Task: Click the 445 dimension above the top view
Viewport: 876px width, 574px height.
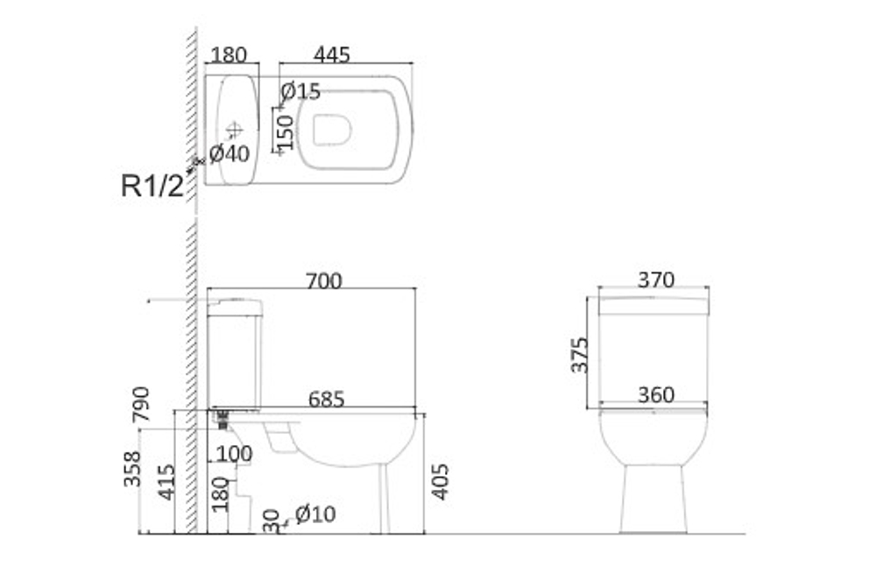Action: coord(332,55)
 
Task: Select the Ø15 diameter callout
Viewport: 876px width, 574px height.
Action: coord(300,91)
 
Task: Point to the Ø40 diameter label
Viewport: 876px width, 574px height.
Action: coord(230,153)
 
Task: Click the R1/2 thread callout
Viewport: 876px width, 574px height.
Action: coord(152,186)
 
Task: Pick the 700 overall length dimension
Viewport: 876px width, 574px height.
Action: coord(324,280)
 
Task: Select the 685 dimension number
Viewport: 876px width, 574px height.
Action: coord(326,399)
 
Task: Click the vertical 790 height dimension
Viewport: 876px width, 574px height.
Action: coord(141,404)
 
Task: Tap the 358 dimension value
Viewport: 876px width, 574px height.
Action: coord(132,469)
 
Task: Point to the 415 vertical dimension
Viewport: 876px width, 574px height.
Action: coord(166,482)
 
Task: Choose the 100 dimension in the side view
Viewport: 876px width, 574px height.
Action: coord(234,453)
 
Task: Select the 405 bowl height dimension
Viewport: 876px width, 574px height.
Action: coord(441,481)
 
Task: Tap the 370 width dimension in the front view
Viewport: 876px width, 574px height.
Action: coord(656,280)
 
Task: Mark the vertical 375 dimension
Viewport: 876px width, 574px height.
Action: coord(580,355)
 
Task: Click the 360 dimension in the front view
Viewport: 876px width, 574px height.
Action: coord(656,394)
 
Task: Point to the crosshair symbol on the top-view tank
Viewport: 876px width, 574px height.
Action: coord(234,131)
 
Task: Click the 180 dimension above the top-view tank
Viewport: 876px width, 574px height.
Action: coord(229,55)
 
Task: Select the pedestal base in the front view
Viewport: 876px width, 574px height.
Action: coord(653,499)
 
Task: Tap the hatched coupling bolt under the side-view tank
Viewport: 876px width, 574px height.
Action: coord(223,419)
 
